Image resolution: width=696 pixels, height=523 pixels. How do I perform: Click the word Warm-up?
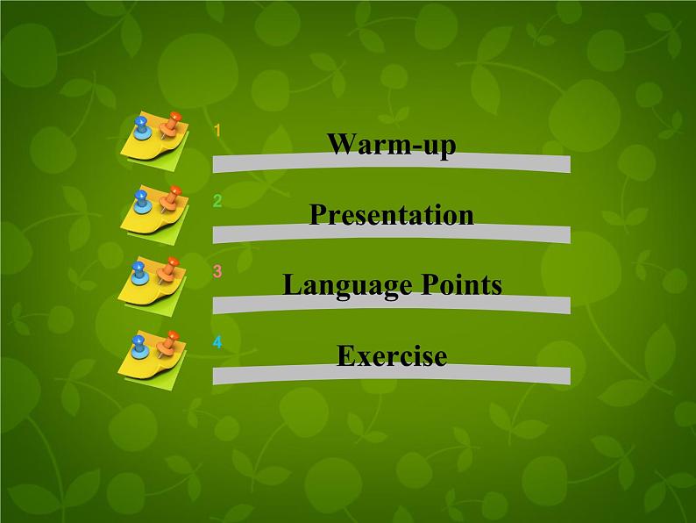point(391,145)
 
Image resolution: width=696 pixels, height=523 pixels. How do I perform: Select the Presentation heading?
point(391,215)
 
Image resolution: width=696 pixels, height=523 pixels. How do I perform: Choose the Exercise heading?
point(391,356)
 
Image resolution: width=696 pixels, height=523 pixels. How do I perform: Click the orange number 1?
point(217,131)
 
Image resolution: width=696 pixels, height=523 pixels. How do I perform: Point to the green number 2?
point(217,201)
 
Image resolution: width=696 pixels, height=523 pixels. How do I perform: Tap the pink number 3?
point(217,271)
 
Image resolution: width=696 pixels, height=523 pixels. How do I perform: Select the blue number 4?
point(217,341)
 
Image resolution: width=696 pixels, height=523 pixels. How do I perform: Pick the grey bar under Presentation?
point(391,234)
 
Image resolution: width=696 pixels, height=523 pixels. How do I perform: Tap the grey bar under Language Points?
point(391,304)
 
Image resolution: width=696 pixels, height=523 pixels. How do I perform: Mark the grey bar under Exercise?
point(391,376)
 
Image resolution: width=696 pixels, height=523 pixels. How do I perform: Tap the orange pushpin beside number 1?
point(172,122)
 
